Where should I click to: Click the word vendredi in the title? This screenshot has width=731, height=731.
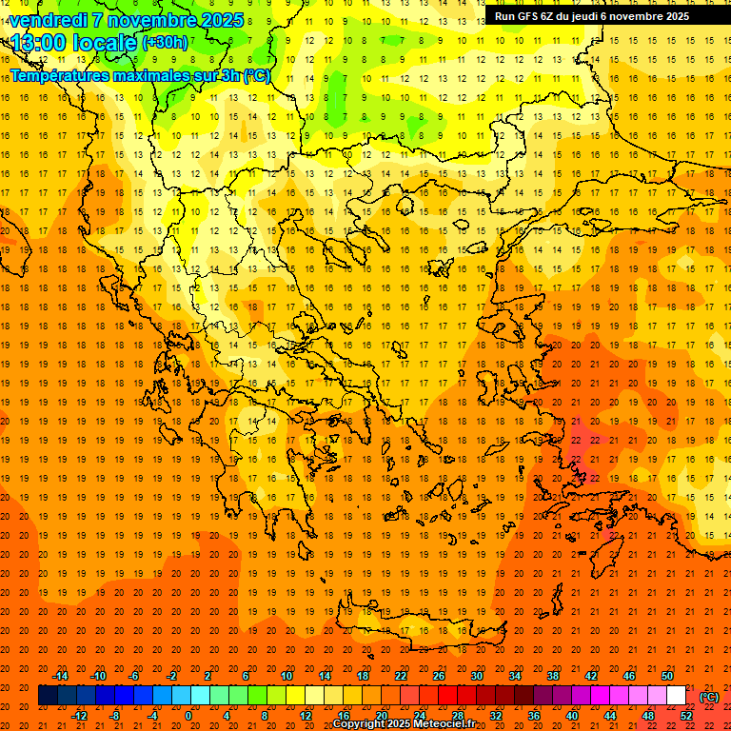(49, 20)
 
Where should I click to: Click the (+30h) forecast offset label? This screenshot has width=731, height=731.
(165, 43)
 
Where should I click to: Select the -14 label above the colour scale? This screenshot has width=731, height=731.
(59, 676)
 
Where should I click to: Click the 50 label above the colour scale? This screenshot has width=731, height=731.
(667, 676)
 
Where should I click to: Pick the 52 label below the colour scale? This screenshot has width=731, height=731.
(686, 715)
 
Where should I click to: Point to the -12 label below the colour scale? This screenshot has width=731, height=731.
(78, 715)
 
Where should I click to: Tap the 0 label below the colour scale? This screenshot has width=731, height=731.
(188, 715)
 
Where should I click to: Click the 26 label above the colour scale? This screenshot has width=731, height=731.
(439, 676)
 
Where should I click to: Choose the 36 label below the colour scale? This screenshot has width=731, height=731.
(534, 715)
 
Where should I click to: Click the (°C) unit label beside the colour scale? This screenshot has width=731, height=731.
(709, 697)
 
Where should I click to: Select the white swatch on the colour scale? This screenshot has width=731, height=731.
(677, 696)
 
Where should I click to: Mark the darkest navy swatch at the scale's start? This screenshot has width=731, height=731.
(48, 696)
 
